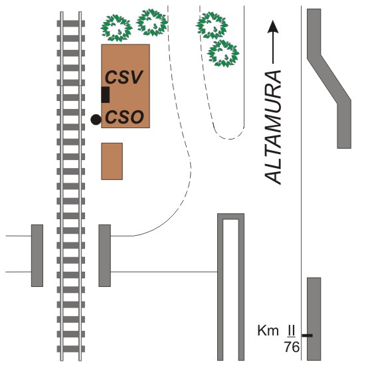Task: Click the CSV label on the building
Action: click(124, 77)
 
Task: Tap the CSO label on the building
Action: click(124, 117)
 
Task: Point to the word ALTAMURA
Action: click(273, 128)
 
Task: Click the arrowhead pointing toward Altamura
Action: click(273, 27)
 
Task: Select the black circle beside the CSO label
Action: click(96, 120)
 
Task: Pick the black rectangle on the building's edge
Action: click(105, 94)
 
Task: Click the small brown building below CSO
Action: click(112, 161)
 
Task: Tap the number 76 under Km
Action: click(292, 347)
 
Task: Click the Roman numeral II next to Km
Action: click(291, 331)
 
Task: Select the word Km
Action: click(268, 331)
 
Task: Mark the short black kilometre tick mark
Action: click(308, 335)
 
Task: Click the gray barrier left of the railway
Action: click(37, 256)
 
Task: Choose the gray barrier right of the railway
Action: click(104, 256)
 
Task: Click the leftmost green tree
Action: click(116, 28)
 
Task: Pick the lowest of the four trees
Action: click(223, 53)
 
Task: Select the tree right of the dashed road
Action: click(212, 25)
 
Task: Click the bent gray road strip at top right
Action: click(329, 78)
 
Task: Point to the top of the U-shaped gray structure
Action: click(231, 217)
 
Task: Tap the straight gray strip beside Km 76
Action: click(314, 319)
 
